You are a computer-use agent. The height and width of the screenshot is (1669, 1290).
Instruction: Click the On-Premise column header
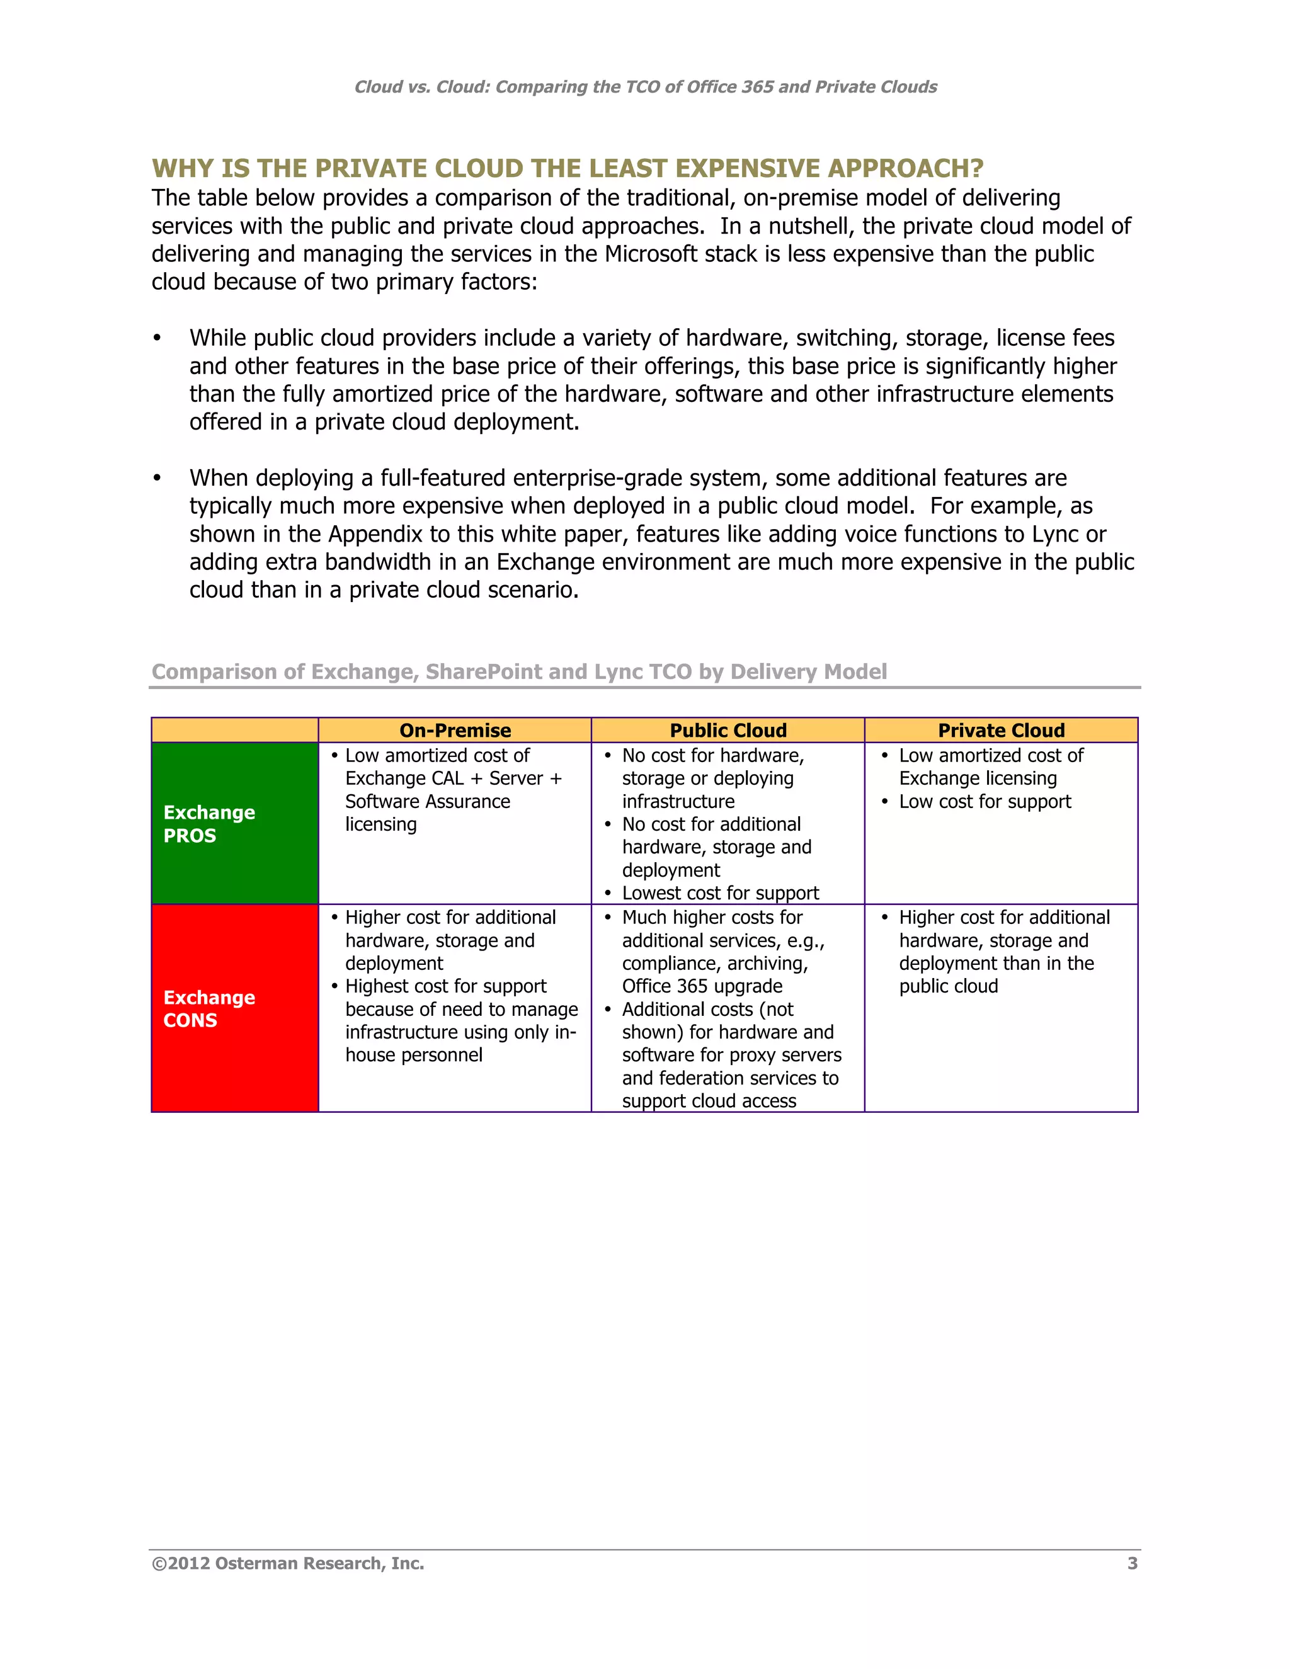455,731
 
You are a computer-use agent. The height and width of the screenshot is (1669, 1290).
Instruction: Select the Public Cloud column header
728,731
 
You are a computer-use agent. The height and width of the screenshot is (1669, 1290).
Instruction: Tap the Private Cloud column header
1001,731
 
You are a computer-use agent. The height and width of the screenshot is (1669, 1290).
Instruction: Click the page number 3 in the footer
1132,1564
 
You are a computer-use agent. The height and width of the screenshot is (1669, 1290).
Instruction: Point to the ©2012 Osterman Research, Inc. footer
288,1564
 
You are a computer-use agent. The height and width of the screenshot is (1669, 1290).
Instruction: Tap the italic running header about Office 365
645,87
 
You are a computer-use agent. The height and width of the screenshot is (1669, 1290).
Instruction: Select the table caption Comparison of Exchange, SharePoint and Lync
519,672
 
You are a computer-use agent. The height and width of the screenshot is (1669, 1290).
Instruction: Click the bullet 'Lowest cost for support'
720,892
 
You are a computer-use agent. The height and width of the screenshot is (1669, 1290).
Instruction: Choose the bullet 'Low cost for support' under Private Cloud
985,802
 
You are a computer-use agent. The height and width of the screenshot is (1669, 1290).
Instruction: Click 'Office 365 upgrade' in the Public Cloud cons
702,986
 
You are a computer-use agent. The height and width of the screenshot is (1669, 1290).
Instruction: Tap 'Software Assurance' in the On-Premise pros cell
427,802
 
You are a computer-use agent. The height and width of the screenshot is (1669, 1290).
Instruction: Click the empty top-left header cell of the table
234,731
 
